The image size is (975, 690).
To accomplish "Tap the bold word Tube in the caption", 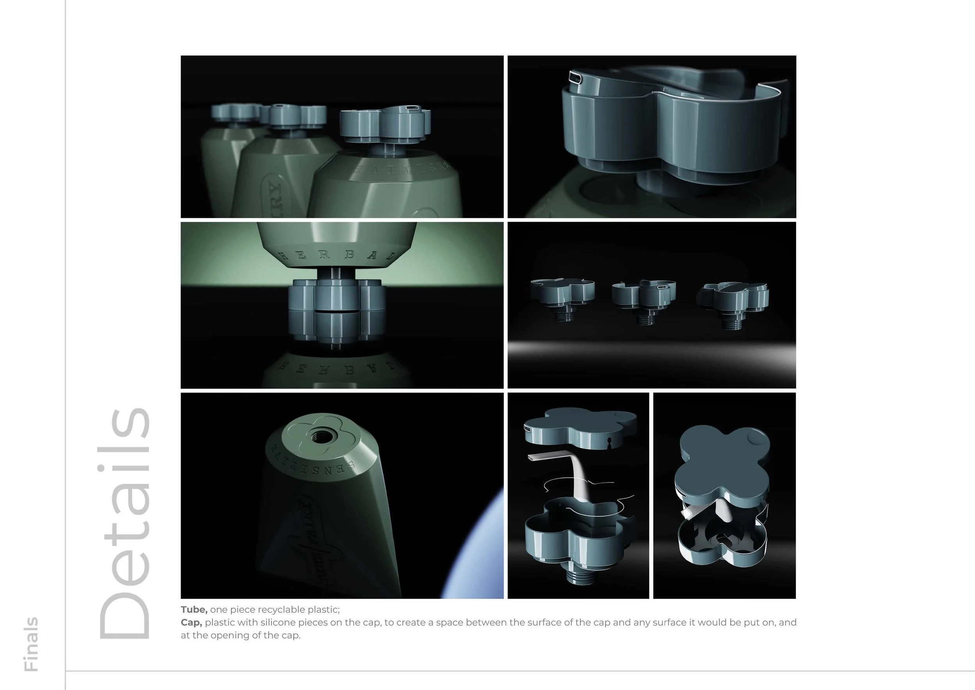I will (x=194, y=610).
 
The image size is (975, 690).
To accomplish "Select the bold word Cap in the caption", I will (x=191, y=622).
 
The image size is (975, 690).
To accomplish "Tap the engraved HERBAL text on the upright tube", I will (x=338, y=255).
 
